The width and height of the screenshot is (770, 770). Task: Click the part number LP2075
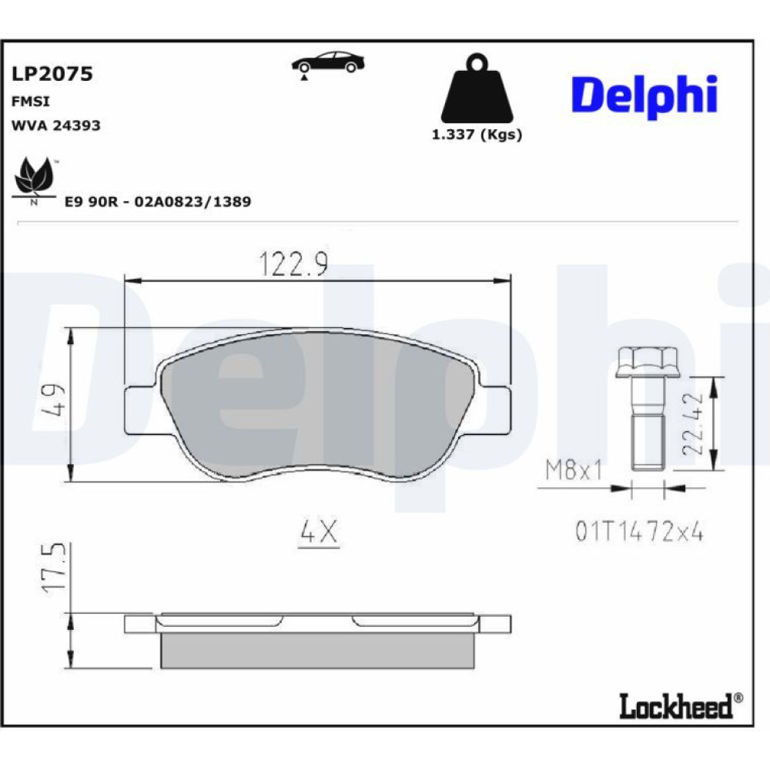(x=52, y=74)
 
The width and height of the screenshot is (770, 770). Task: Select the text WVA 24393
(x=55, y=126)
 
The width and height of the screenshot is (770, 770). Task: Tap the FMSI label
(x=31, y=101)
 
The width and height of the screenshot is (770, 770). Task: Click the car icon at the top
(x=328, y=65)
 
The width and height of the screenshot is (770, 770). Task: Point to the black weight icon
(x=477, y=89)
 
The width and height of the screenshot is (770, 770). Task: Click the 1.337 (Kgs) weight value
(x=477, y=135)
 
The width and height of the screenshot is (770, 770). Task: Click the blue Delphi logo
(x=644, y=96)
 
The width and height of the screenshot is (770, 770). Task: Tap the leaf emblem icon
(x=34, y=179)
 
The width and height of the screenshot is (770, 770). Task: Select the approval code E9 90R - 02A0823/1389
(x=158, y=201)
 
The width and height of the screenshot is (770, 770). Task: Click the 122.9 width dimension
(x=293, y=263)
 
